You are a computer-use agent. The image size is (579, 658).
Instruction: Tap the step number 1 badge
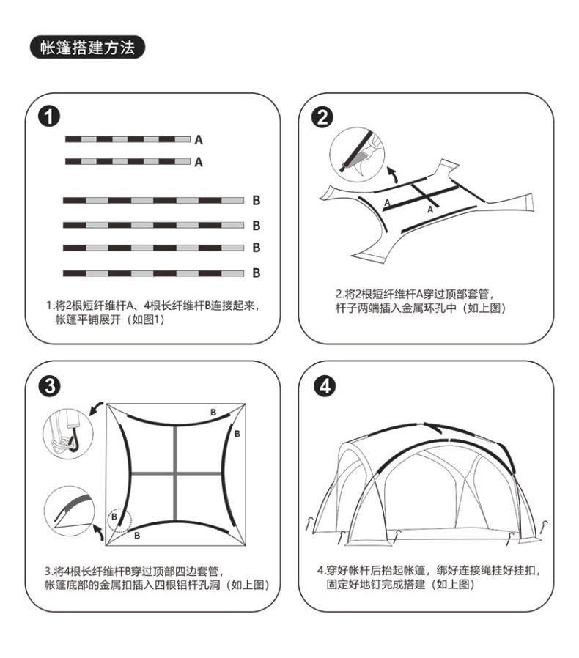(x=51, y=115)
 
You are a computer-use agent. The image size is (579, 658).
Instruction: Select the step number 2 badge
(x=320, y=116)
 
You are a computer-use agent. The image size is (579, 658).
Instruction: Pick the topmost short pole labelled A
(x=128, y=139)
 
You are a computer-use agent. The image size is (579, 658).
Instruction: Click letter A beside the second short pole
(x=199, y=163)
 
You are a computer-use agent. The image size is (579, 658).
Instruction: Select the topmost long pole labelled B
(x=153, y=200)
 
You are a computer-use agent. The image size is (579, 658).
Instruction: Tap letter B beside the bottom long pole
(x=257, y=273)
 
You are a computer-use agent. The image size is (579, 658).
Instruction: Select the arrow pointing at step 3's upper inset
(x=95, y=408)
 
